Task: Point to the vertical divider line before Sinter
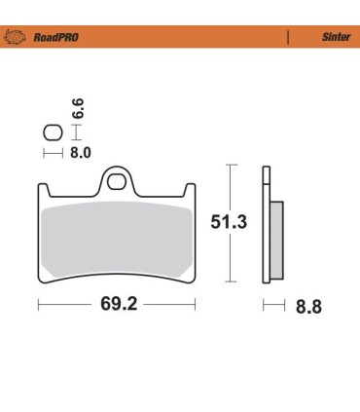288,37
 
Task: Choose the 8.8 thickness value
308,307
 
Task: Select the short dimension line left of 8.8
272,307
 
